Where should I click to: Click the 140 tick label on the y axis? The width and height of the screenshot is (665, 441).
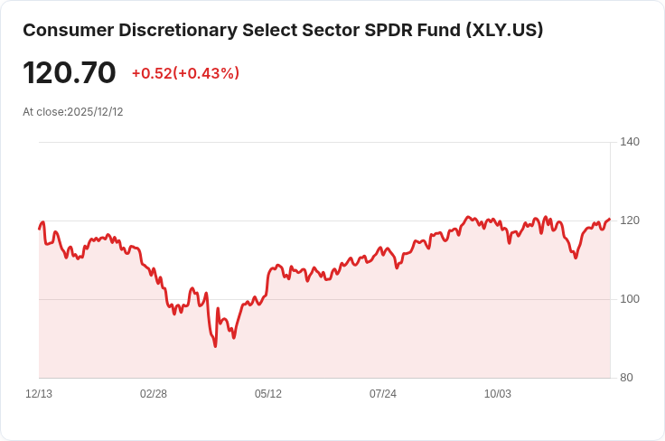click(x=630, y=142)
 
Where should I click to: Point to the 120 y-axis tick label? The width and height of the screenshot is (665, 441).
click(x=630, y=220)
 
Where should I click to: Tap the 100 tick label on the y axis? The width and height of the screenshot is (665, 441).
click(x=630, y=299)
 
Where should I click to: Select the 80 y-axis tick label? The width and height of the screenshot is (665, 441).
click(x=627, y=378)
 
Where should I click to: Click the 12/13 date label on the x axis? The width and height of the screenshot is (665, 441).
click(x=39, y=394)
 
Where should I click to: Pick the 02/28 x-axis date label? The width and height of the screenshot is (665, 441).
click(x=154, y=394)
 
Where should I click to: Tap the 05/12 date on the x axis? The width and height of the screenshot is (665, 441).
click(x=268, y=394)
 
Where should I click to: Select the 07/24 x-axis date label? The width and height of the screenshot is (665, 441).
click(x=383, y=394)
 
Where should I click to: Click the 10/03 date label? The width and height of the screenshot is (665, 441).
click(x=498, y=394)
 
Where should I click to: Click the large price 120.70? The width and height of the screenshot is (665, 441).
click(x=70, y=72)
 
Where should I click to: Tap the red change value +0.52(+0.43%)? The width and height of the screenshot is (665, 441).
click(x=185, y=73)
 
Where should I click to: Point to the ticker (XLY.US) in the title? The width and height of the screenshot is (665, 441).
click(x=504, y=30)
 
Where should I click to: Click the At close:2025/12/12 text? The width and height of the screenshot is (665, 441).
click(x=72, y=112)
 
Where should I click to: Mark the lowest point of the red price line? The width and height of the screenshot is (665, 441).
click(x=215, y=346)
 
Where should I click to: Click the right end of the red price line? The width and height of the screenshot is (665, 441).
click(x=610, y=219)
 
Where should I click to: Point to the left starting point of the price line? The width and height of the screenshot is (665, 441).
click(x=39, y=228)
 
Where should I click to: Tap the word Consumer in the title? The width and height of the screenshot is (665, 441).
click(x=64, y=30)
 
